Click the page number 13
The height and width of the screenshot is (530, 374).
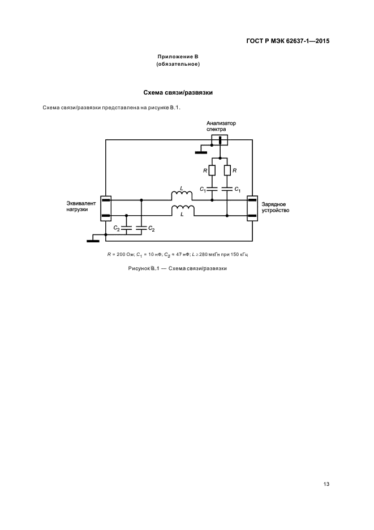tap(326, 484)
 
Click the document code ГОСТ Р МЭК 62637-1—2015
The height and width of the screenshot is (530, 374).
tap(287, 41)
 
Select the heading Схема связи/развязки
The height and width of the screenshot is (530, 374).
tap(178, 92)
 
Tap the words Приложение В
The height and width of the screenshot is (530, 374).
tap(178, 57)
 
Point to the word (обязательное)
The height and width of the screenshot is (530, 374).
tap(178, 65)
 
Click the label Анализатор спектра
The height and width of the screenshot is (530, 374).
tap(220, 126)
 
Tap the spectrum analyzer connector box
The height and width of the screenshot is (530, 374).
tap(220, 140)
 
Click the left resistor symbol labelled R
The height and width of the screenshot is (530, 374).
tap(212, 170)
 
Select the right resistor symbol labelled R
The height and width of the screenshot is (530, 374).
tap(226, 170)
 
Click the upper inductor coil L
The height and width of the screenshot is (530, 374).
tap(183, 196)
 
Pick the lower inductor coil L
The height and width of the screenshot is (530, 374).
tap(183, 211)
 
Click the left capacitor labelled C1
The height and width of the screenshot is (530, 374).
tap(212, 189)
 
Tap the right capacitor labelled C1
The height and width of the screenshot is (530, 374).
tap(226, 189)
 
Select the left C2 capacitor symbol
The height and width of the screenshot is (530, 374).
tap(126, 228)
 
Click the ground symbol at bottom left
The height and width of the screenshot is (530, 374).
tap(93, 241)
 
